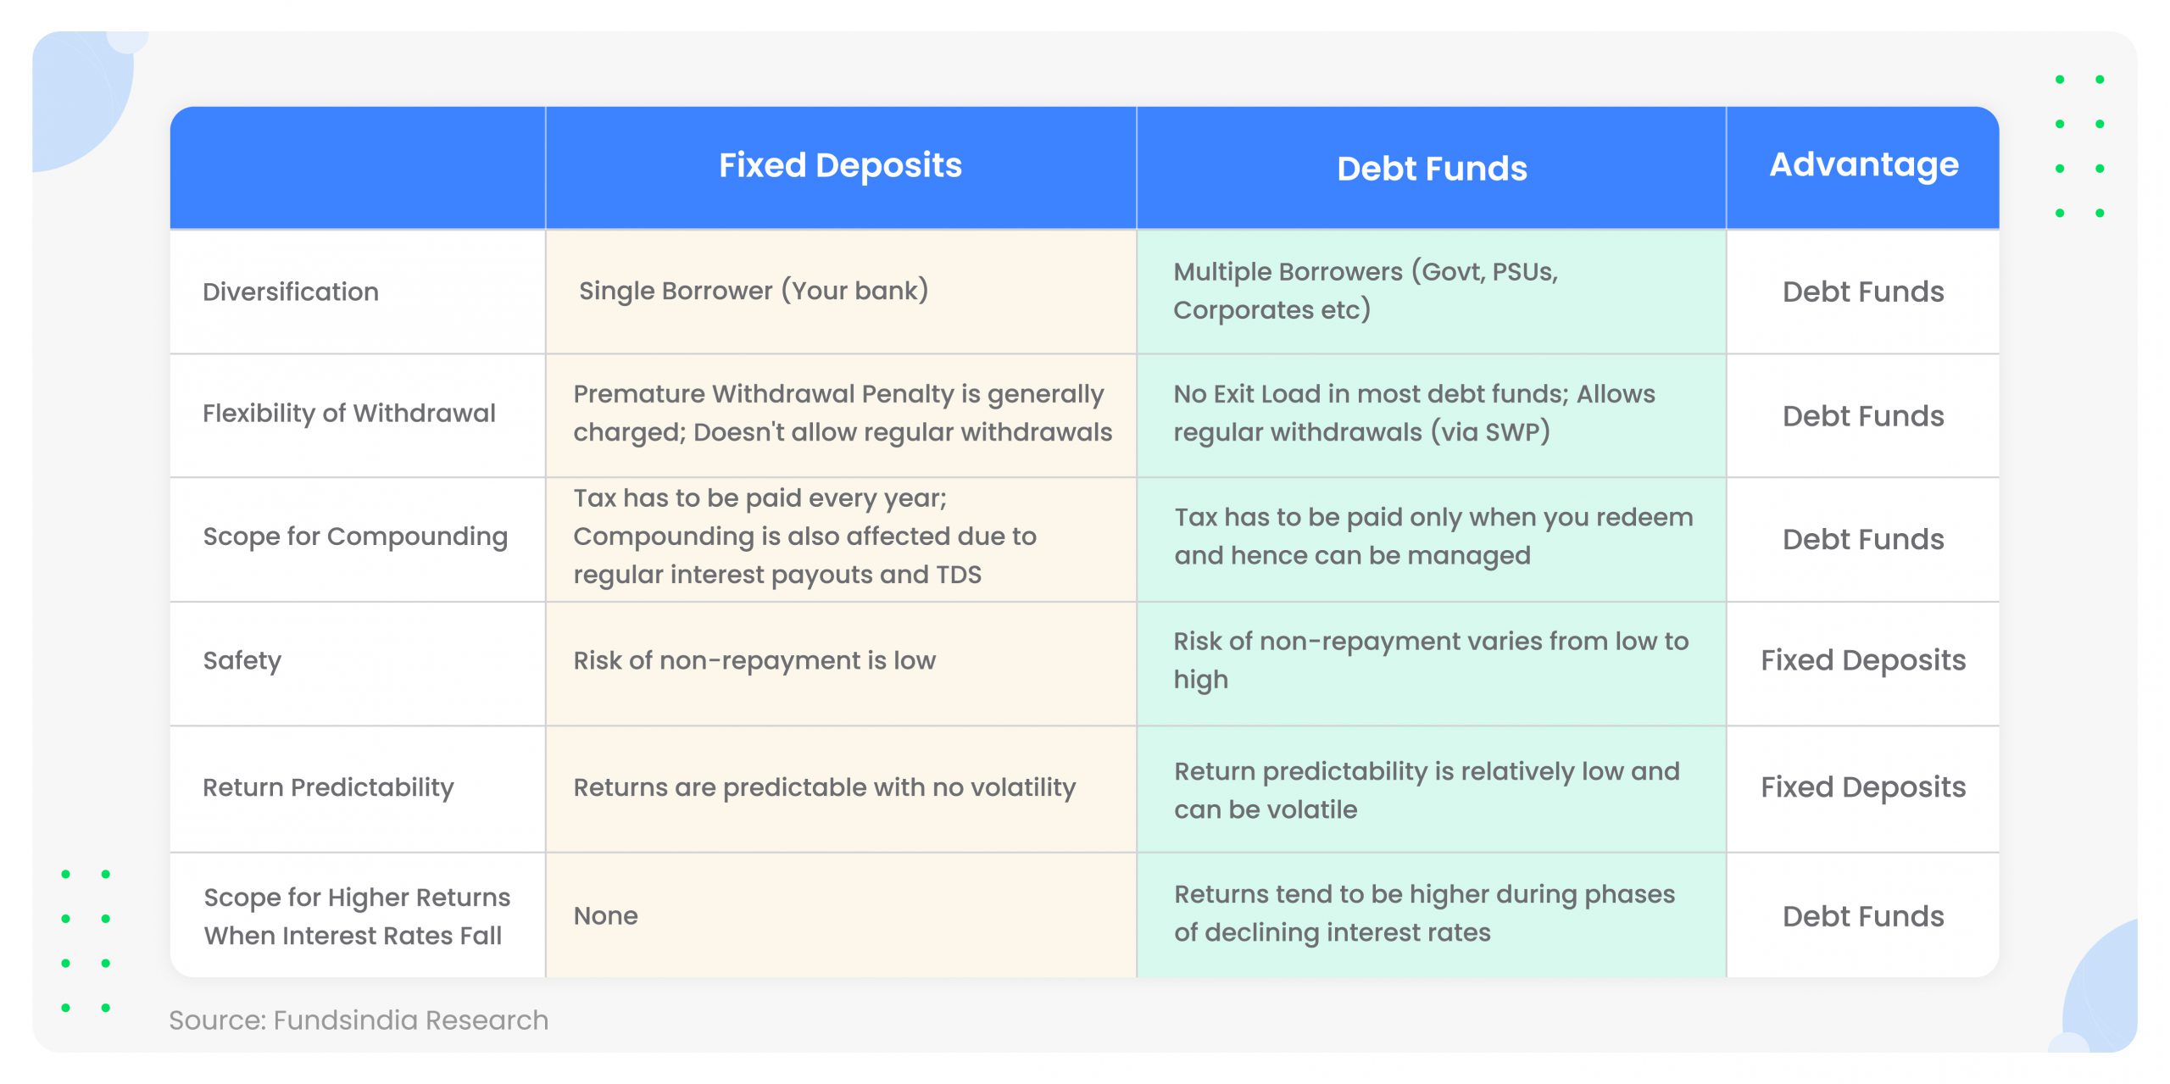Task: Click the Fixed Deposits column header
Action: pyautogui.click(x=840, y=165)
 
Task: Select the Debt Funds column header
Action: pyautogui.click(x=1432, y=169)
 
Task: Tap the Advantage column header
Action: pyautogui.click(x=1863, y=164)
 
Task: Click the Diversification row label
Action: pyautogui.click(x=291, y=292)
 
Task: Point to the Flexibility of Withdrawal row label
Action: pyautogui.click(x=348, y=414)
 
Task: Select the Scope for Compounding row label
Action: pyautogui.click(x=355, y=537)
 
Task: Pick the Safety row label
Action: pyautogui.click(x=242, y=660)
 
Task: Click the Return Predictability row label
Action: pyautogui.click(x=328, y=787)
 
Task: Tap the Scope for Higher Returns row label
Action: pyautogui.click(x=357, y=916)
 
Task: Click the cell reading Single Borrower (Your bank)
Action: pyautogui.click(x=754, y=291)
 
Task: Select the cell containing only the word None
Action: pyautogui.click(x=605, y=916)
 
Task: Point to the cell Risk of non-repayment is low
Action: pyautogui.click(x=754, y=660)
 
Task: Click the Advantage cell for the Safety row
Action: pyautogui.click(x=1863, y=660)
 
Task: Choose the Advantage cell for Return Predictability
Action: pyautogui.click(x=1863, y=787)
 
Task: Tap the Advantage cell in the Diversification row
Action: pyautogui.click(x=1863, y=292)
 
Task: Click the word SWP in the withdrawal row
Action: pyautogui.click(x=1512, y=432)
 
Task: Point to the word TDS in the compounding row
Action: pyautogui.click(x=959, y=575)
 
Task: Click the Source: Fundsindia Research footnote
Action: pyautogui.click(x=359, y=1020)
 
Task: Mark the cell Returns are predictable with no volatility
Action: pyautogui.click(x=824, y=787)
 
